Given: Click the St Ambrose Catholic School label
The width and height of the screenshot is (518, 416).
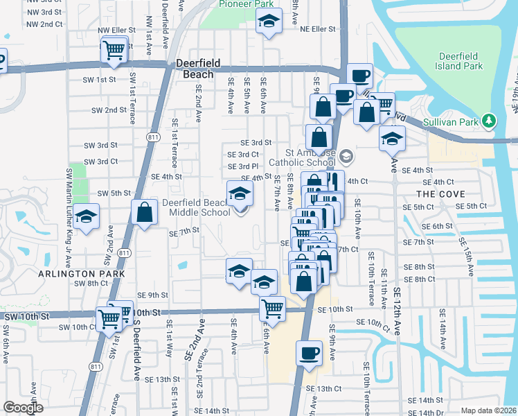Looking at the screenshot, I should (x=311, y=158).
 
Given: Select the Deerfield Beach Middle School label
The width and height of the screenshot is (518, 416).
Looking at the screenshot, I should (x=196, y=207).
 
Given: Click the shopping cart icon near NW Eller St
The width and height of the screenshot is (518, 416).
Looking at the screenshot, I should (x=113, y=50).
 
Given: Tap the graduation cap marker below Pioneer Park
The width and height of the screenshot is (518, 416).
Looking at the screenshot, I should (x=269, y=22).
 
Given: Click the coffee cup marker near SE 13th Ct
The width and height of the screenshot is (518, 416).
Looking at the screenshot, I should (x=309, y=353).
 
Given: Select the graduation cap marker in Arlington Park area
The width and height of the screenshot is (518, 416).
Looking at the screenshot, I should (x=87, y=218).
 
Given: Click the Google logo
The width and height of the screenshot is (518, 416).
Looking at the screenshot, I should (x=22, y=408).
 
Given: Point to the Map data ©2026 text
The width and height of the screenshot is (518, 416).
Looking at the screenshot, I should (x=489, y=410).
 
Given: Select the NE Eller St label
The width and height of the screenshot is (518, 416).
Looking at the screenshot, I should (x=318, y=29).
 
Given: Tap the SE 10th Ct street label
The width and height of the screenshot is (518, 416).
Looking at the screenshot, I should (x=373, y=322).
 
